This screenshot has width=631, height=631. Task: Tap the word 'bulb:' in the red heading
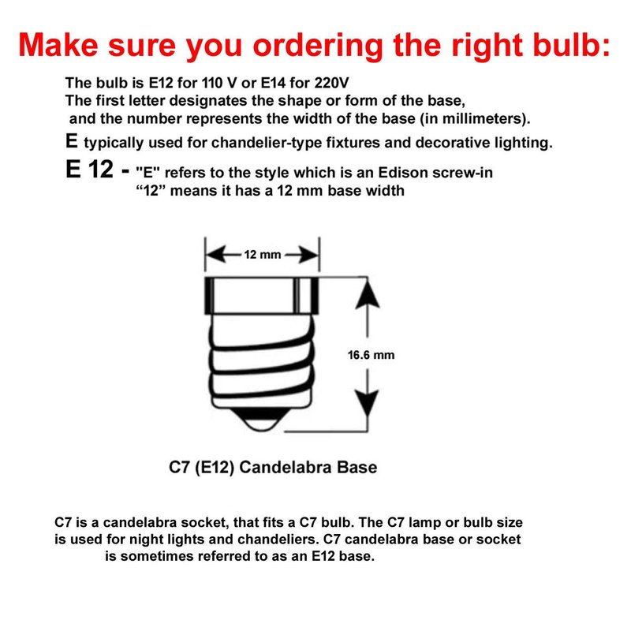click(x=571, y=44)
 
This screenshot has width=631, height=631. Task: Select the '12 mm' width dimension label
click(x=263, y=255)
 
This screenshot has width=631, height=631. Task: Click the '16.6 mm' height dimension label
click(x=371, y=355)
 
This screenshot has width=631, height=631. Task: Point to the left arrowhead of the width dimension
click(x=215, y=255)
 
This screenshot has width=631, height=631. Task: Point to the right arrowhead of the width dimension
click(x=308, y=255)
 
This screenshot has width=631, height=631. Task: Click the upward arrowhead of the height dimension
click(x=368, y=295)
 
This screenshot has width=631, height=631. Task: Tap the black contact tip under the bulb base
click(x=262, y=419)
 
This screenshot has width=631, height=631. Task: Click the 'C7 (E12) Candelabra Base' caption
click(x=273, y=467)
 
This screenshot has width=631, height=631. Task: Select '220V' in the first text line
click(x=331, y=83)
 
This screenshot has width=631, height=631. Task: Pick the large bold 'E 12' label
click(x=89, y=169)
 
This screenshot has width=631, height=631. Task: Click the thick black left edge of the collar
click(x=209, y=295)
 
